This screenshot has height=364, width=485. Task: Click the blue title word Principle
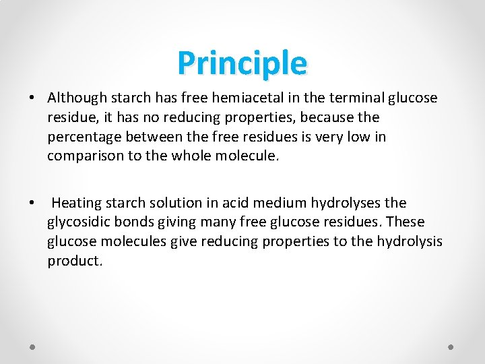point(242,63)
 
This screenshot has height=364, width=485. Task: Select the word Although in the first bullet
point(75,98)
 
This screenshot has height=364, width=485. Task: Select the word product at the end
point(74,261)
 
